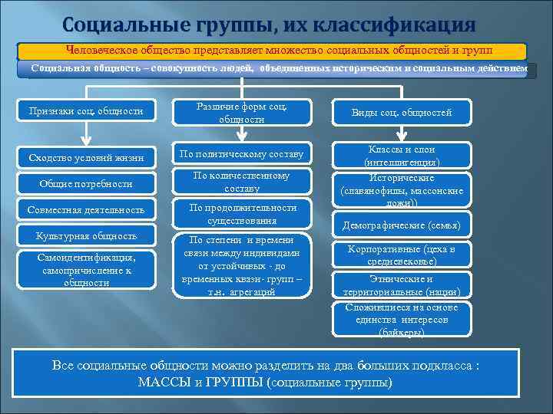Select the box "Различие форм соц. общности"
click(242, 112)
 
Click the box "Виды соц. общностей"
click(401, 113)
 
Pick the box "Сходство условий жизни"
click(86, 157)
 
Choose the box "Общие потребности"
click(86, 184)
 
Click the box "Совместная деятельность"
click(86, 209)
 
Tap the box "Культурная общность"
click(86, 236)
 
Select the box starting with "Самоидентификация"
click(86, 270)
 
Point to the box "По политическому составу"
click(242, 154)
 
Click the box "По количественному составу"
click(242, 182)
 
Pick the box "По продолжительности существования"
click(242, 214)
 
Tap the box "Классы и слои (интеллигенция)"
click(401, 156)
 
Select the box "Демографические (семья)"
click(401, 225)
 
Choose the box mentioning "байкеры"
click(401, 320)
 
